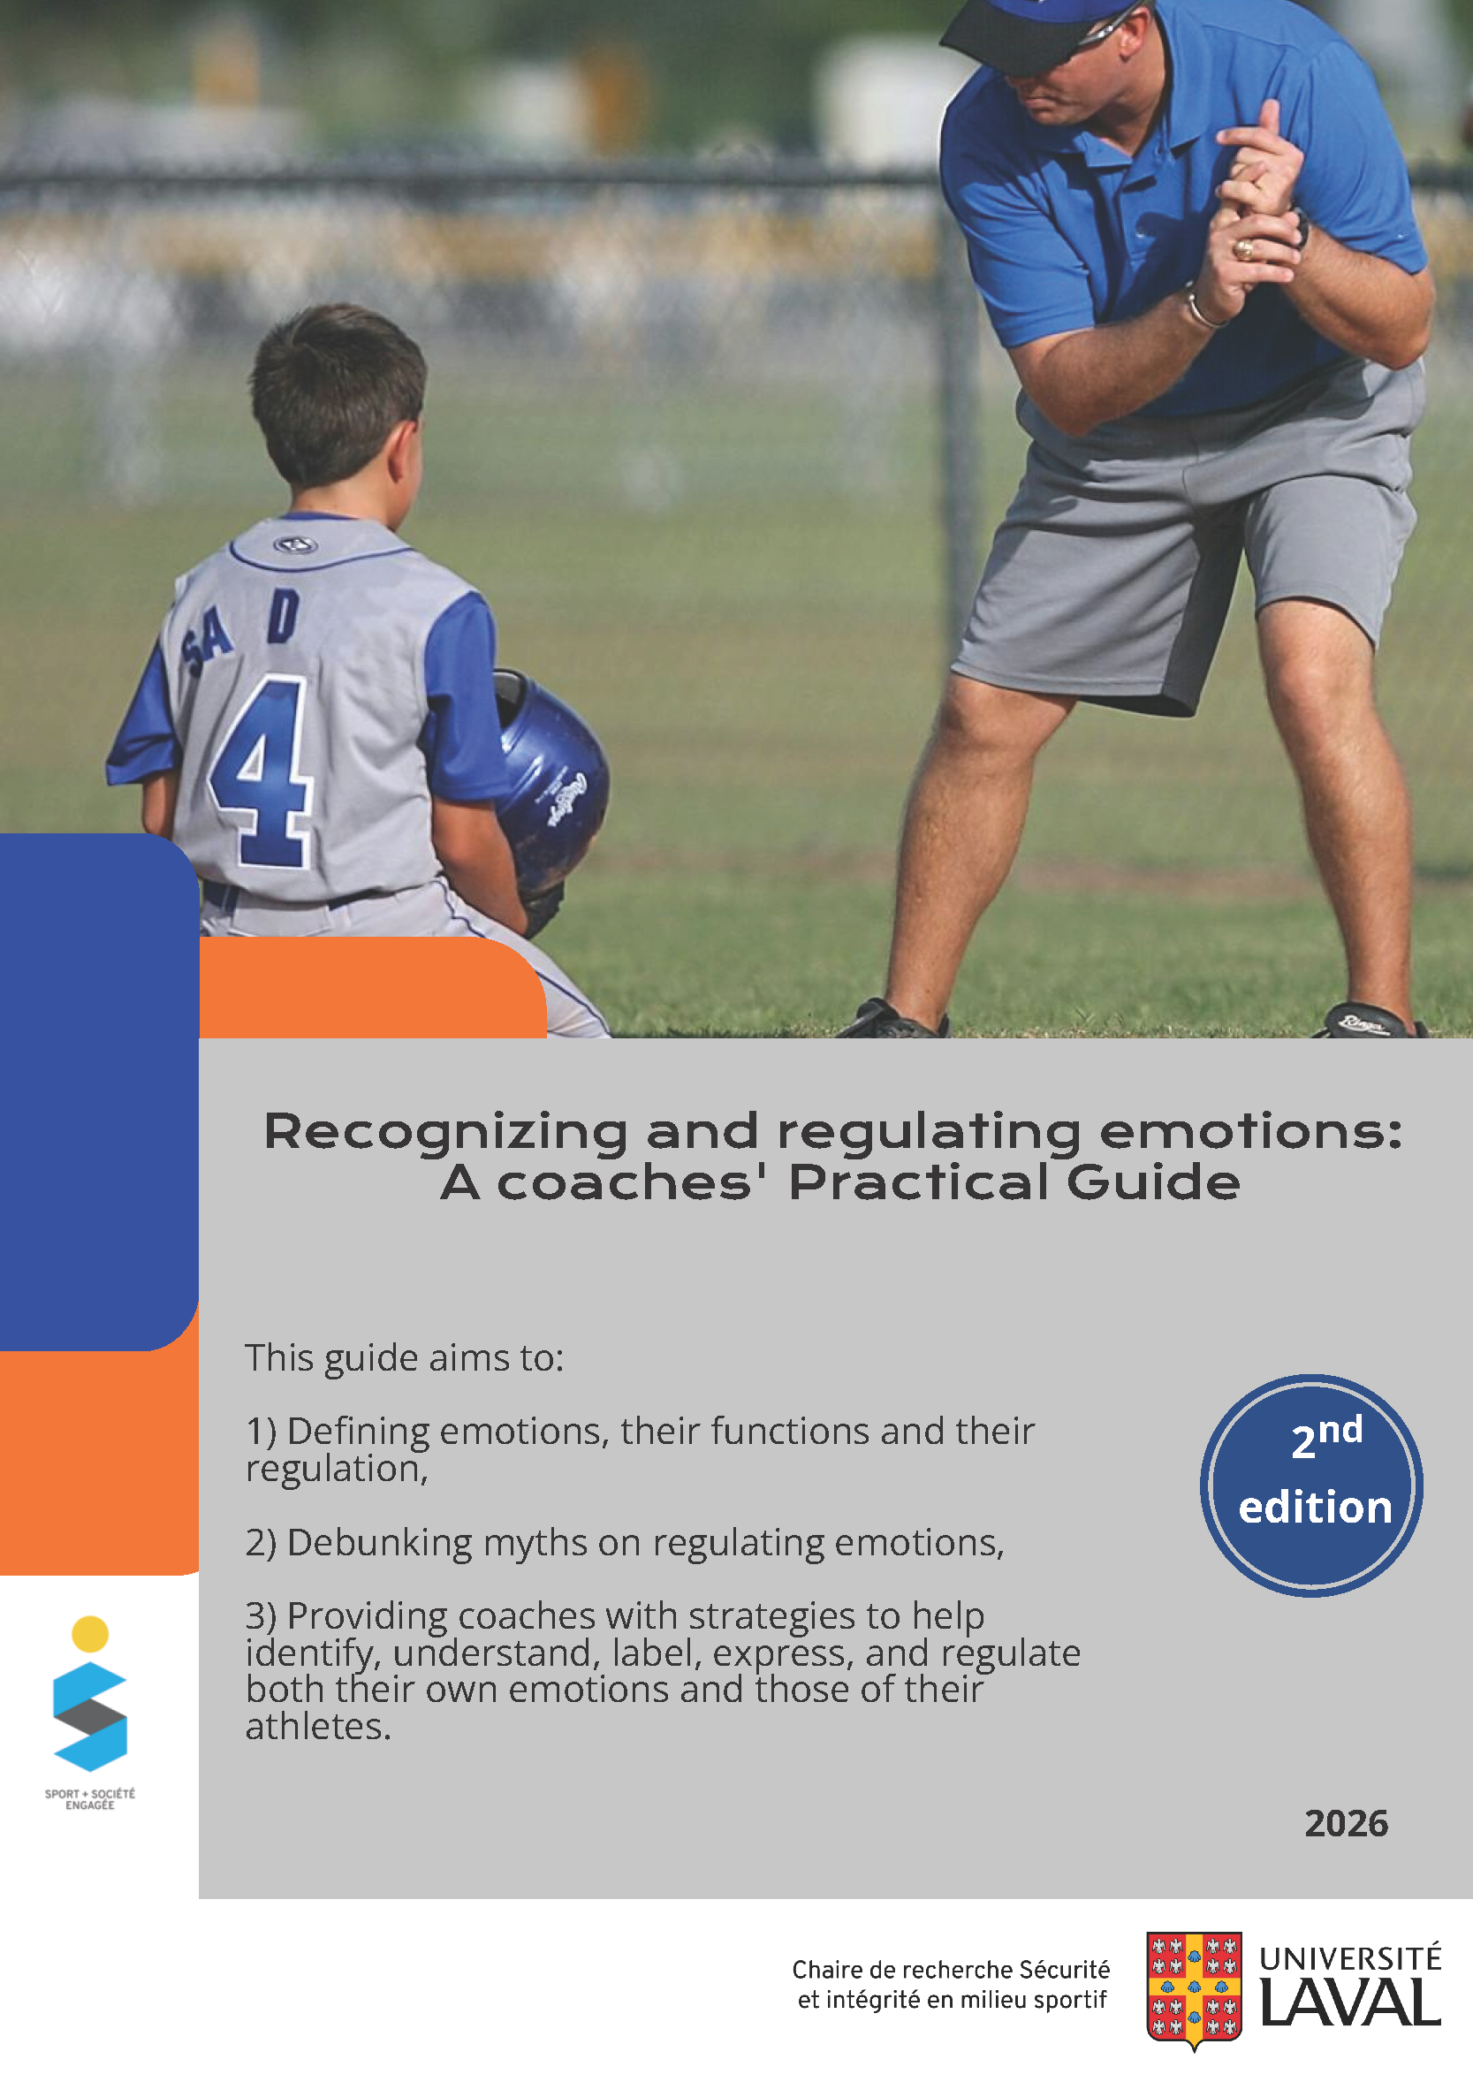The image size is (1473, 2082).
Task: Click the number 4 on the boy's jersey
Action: pos(263,771)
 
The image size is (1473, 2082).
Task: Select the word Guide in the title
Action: pos(1153,1182)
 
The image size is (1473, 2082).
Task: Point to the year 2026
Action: pos(1346,1823)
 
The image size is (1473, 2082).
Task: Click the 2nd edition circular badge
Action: pos(1311,1486)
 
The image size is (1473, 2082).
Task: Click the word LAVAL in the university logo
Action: pos(1349,2003)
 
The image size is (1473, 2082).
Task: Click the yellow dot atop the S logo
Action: pos(90,1634)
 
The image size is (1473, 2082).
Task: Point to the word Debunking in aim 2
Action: pos(380,1543)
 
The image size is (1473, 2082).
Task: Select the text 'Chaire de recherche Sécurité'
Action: pos(951,1970)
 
